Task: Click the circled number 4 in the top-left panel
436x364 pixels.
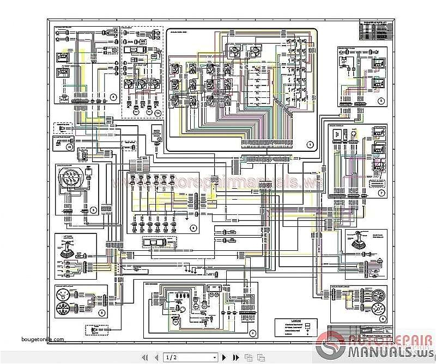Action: tap(113, 97)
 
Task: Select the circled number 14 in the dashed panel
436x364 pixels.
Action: tap(158, 112)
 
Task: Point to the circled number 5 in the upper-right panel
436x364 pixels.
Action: tap(381, 101)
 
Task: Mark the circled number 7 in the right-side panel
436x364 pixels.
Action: tap(381, 193)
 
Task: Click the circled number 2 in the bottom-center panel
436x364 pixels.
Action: tap(251, 332)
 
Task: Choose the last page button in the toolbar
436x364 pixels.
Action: tap(235, 357)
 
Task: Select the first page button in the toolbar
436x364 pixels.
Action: tap(145, 357)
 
